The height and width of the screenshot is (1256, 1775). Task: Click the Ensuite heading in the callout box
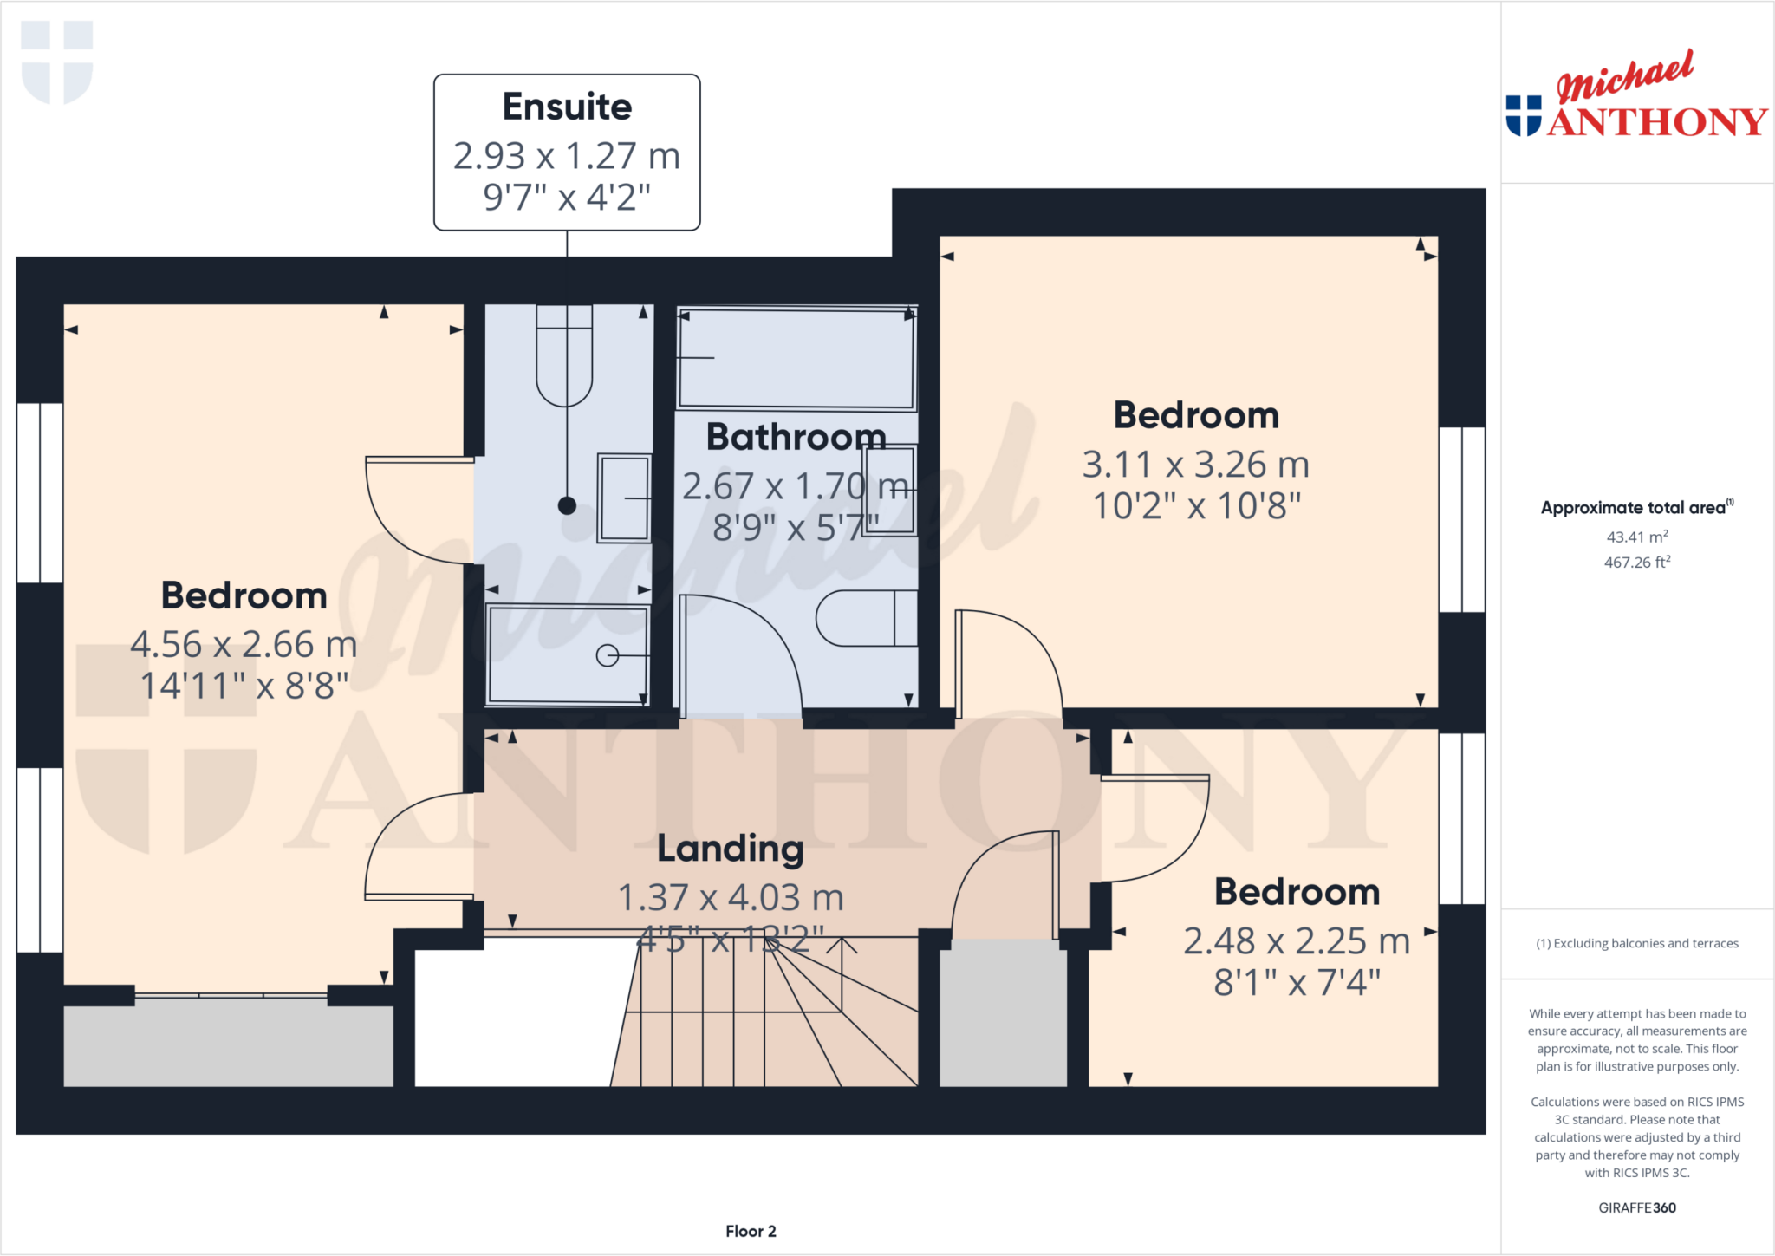pos(567,107)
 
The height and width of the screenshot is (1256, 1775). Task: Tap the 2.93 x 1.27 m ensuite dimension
pos(567,156)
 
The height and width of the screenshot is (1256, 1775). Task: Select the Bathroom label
pos(796,436)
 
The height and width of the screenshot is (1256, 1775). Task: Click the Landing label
pos(730,848)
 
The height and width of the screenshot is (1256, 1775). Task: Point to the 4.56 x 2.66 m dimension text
pos(244,644)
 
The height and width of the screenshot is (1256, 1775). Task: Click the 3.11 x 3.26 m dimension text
pos(1195,465)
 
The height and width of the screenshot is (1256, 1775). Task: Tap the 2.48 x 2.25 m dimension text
pos(1297,940)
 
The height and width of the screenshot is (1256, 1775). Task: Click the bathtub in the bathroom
pos(796,357)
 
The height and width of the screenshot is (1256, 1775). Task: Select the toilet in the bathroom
pos(865,618)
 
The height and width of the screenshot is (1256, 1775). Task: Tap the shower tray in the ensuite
pos(568,654)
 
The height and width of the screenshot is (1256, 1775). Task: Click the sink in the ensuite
pos(624,498)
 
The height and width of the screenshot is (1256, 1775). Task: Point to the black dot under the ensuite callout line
pos(567,505)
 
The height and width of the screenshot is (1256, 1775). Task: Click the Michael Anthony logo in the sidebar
pos(1636,97)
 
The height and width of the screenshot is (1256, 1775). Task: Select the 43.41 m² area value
pos(1636,537)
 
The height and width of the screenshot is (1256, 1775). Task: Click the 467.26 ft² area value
pos(1636,563)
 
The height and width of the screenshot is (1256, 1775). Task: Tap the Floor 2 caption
pos(751,1231)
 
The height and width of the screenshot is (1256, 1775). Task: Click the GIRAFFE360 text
pos(1636,1207)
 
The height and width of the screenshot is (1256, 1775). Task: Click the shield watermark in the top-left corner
pos(57,62)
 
